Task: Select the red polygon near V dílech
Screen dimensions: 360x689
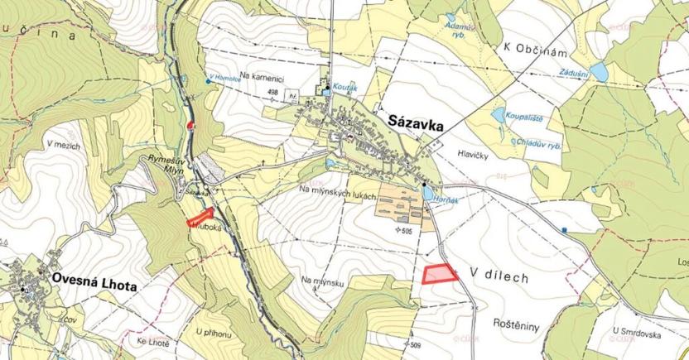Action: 440,274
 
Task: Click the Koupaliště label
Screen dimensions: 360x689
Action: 523,118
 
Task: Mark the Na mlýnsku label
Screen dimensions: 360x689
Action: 323,281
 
